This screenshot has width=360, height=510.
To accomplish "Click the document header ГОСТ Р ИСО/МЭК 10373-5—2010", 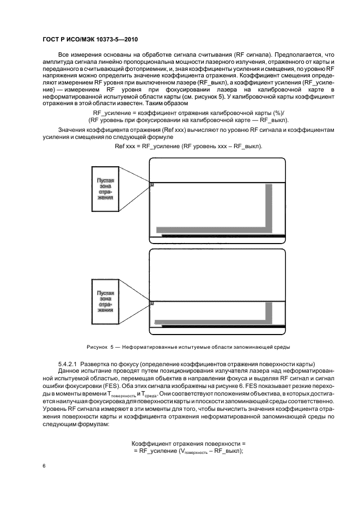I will (89, 40).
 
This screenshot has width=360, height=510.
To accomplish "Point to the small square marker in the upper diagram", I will (151, 185).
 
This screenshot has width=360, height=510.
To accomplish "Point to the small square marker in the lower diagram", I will (151, 303).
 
